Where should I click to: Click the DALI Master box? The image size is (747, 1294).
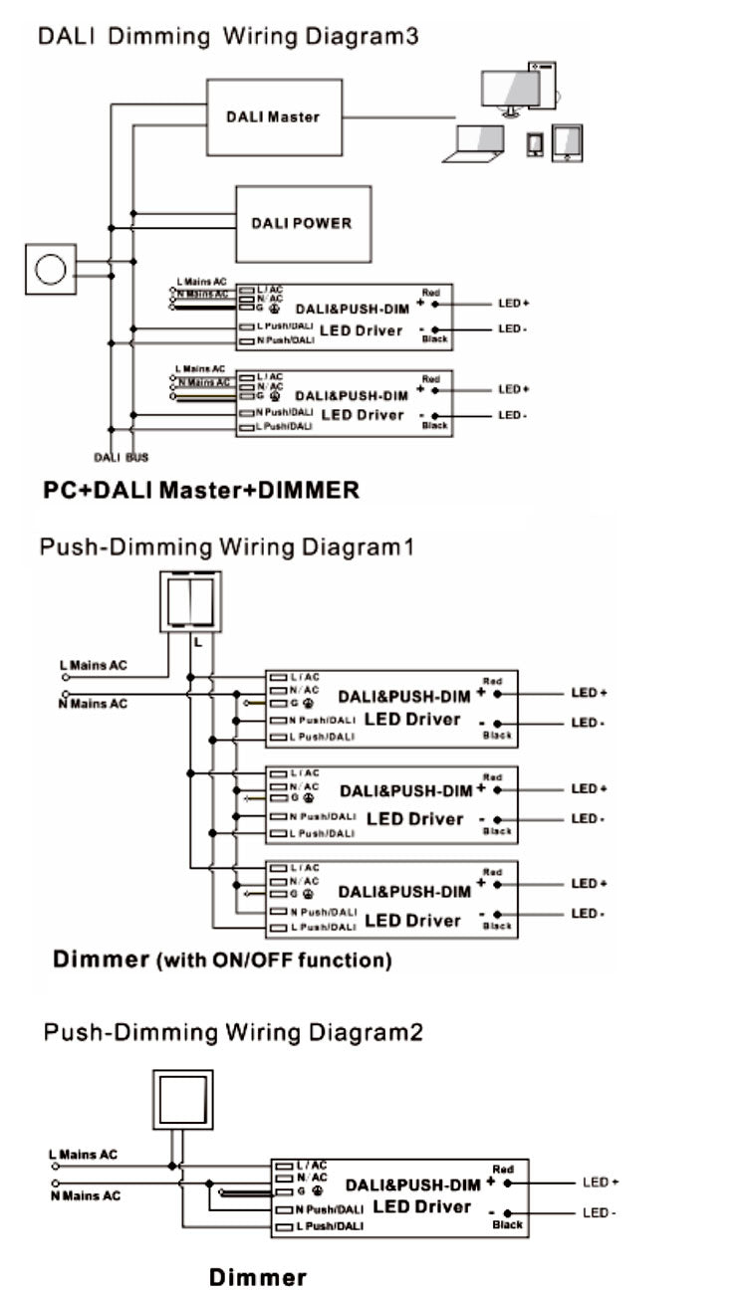[273, 116]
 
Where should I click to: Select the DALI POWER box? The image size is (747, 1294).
[302, 222]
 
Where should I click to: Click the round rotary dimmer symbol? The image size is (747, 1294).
[50, 269]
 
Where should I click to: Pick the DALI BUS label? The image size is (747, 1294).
[121, 457]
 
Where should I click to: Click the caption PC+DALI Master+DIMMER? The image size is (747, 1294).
[200, 491]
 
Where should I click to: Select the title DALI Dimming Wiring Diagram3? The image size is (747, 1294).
[228, 37]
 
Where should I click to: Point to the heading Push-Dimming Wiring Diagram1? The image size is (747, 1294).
[225, 547]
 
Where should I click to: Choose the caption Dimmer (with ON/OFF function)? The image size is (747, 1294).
[221, 961]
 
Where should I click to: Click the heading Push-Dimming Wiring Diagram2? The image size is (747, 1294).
[232, 1032]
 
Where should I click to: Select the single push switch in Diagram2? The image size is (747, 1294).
[181, 1100]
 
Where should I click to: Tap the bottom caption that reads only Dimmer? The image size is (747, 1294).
[258, 1278]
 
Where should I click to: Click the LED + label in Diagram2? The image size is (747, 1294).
[601, 1183]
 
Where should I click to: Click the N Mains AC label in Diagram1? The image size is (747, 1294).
[93, 704]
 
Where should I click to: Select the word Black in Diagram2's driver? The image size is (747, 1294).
[507, 1225]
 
